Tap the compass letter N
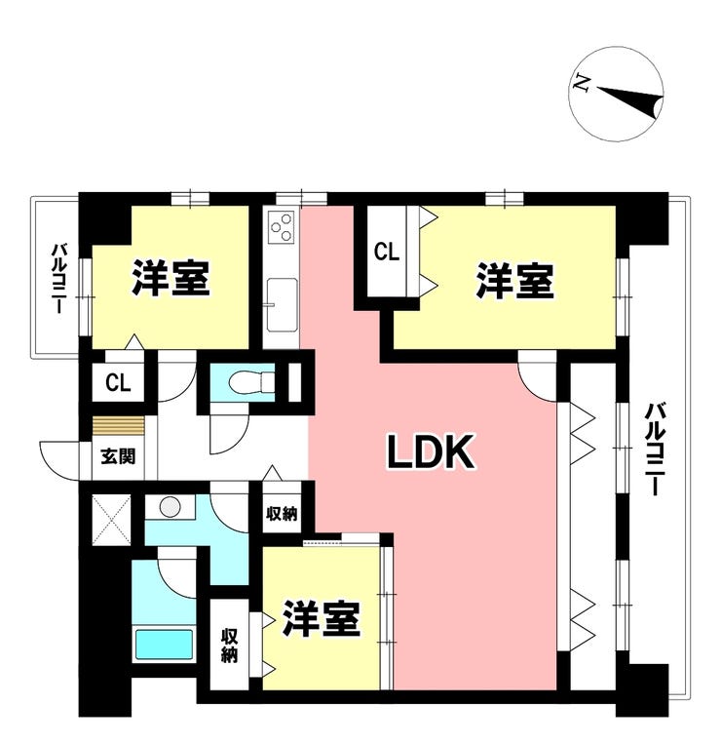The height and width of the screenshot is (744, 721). click(x=581, y=85)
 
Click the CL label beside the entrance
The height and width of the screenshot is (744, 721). click(x=118, y=381)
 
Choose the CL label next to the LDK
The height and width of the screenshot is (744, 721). click(x=387, y=253)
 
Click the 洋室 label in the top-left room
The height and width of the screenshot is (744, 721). click(x=171, y=280)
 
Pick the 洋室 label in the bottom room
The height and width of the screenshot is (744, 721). click(x=323, y=618)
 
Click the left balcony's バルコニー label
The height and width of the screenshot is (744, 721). click(x=57, y=279)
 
